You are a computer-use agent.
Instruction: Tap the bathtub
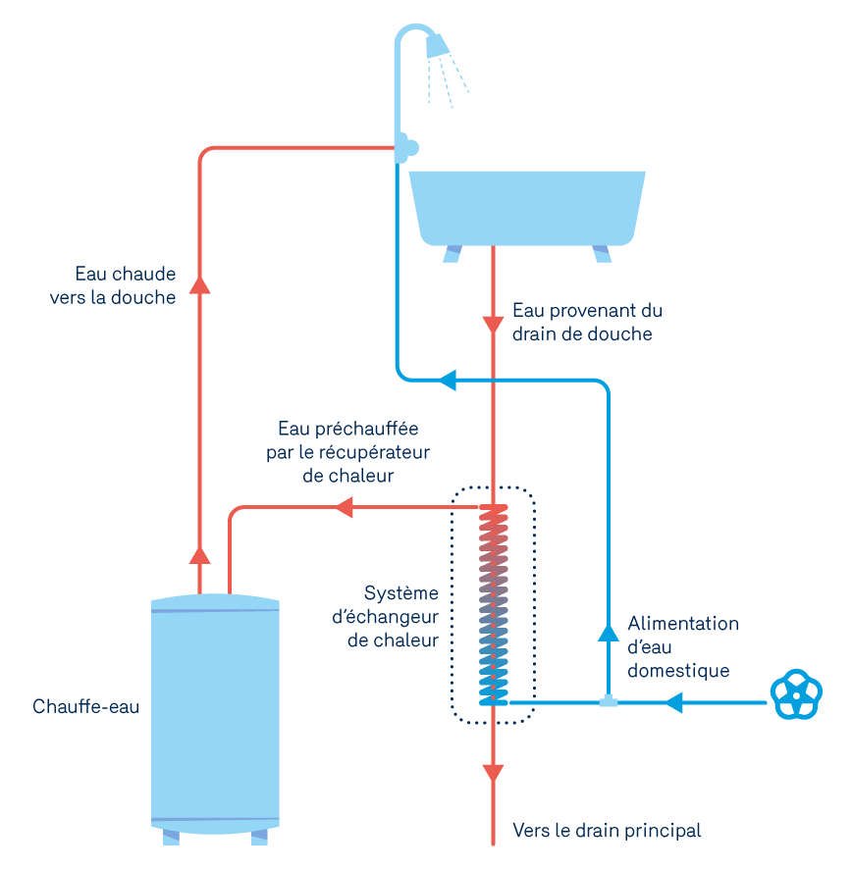(x=527, y=206)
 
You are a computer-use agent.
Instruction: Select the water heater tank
(x=215, y=716)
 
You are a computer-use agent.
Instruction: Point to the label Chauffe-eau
(x=85, y=706)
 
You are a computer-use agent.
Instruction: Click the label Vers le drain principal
(x=607, y=831)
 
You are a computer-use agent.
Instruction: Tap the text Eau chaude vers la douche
(x=113, y=285)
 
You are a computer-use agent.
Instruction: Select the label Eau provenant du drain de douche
(x=587, y=322)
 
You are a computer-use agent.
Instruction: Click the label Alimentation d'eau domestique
(x=682, y=647)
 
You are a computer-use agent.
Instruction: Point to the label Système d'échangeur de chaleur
(x=399, y=617)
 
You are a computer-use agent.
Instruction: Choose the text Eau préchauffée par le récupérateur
(x=347, y=452)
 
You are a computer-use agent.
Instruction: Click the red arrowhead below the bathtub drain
(x=492, y=324)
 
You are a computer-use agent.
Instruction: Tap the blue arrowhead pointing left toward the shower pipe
(x=448, y=380)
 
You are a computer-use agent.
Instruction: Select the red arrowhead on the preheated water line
(x=343, y=507)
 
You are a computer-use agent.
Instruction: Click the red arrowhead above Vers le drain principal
(x=492, y=772)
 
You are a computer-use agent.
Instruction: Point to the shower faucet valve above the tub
(x=404, y=148)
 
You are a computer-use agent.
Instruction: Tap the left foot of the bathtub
(x=453, y=254)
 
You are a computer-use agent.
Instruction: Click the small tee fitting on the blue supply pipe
(x=609, y=700)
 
